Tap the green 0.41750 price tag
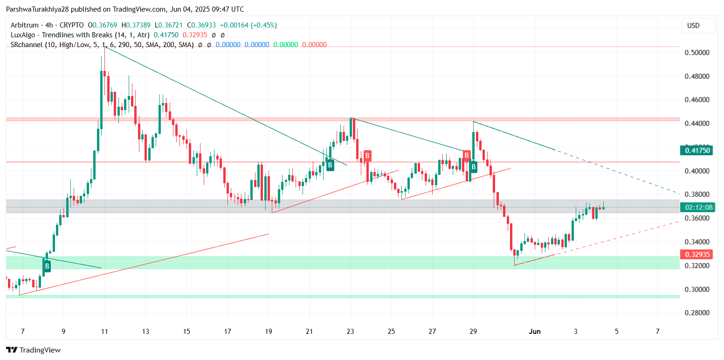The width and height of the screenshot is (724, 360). (x=697, y=150)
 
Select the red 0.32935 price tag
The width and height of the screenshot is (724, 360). (x=697, y=255)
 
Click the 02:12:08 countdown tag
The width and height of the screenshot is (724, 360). (x=697, y=208)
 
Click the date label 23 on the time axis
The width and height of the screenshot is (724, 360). (x=351, y=332)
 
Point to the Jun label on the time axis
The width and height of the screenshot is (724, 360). (x=535, y=332)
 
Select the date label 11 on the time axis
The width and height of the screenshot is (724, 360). (x=104, y=332)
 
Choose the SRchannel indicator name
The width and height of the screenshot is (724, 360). (x=27, y=45)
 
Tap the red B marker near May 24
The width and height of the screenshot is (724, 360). (x=367, y=156)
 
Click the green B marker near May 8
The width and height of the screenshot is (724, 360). (x=47, y=266)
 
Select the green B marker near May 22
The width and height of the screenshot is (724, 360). (x=330, y=165)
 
